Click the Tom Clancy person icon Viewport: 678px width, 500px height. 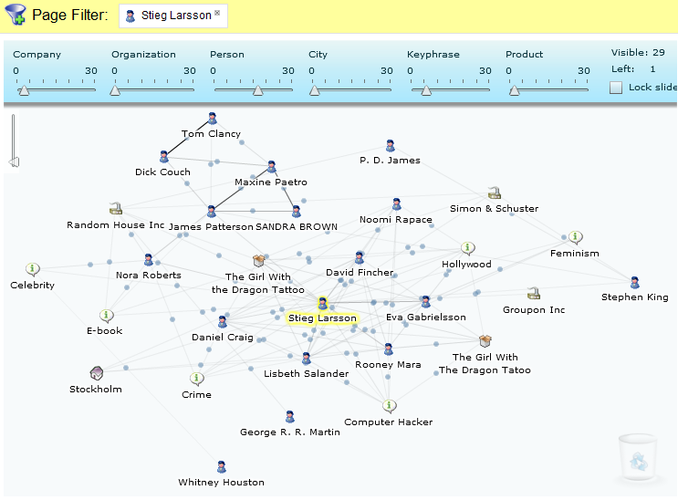coord(212,118)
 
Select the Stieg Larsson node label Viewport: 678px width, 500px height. coord(322,318)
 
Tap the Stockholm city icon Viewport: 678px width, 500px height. coord(97,373)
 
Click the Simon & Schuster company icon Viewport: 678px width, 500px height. coord(495,193)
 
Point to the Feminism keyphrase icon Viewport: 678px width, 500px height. coord(575,237)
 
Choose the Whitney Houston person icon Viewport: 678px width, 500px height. coord(222,467)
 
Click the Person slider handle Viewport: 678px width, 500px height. coord(258,90)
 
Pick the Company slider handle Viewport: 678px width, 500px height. coord(24,90)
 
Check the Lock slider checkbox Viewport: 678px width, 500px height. coord(616,88)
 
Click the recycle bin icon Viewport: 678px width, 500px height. coord(638,458)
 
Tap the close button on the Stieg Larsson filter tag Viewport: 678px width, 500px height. coord(217,13)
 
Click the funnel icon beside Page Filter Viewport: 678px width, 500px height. coord(16,15)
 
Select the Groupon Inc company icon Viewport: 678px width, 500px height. coord(534,294)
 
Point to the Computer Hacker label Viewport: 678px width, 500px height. coord(389,422)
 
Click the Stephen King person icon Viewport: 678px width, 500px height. coord(635,283)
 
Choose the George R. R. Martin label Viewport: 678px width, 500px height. coord(290,432)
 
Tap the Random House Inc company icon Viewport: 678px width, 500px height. coord(116,208)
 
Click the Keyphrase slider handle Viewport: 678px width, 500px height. coord(426,90)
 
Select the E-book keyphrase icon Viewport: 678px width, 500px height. coord(107,316)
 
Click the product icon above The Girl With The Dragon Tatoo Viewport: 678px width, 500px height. coord(485,341)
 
